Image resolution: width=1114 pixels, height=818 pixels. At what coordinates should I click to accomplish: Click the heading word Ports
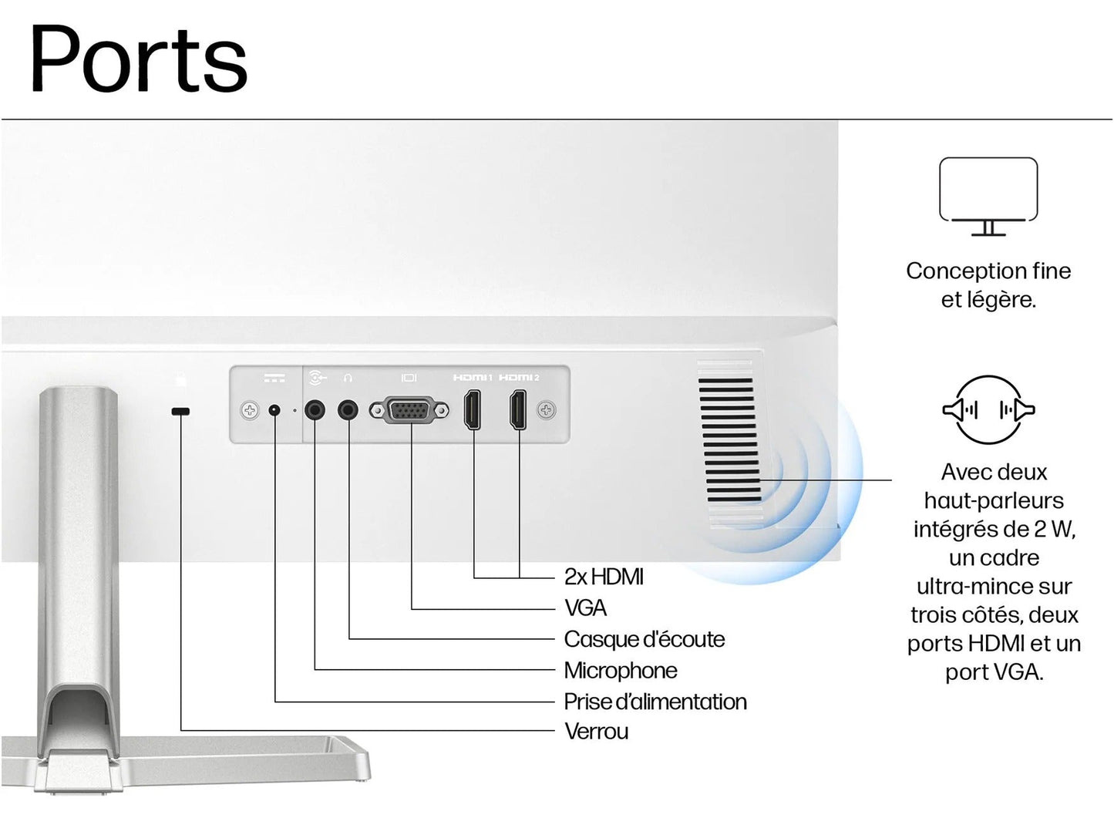pyautogui.click(x=138, y=60)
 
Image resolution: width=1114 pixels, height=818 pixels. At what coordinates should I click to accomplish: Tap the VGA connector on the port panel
pyautogui.click(x=409, y=410)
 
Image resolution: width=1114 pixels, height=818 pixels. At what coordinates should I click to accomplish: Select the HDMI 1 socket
pyautogui.click(x=473, y=409)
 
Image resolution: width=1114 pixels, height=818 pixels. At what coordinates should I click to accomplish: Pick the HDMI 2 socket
pyautogui.click(x=519, y=409)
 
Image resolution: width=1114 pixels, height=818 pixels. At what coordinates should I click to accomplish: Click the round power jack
pyautogui.click(x=274, y=410)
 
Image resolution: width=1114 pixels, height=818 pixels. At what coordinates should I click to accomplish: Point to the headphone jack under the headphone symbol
pyautogui.click(x=348, y=409)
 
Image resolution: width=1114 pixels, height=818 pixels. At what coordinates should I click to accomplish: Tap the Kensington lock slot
pyautogui.click(x=180, y=412)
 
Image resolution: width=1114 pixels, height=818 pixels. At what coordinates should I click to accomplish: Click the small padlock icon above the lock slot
pyautogui.click(x=181, y=379)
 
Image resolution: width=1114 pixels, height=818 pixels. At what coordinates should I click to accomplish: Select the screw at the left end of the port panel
pyautogui.click(x=250, y=410)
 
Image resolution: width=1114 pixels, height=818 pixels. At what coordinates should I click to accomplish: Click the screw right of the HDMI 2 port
pyautogui.click(x=547, y=410)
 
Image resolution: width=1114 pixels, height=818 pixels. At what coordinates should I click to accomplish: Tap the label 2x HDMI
pyautogui.click(x=604, y=577)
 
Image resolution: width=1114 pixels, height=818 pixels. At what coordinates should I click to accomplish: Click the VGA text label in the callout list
pyautogui.click(x=585, y=608)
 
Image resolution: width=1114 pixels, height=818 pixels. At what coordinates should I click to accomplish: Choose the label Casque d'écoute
pyautogui.click(x=644, y=639)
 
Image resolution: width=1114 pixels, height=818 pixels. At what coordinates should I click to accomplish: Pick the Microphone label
pyautogui.click(x=621, y=671)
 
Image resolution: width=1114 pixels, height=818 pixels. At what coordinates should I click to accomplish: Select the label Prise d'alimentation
pyautogui.click(x=655, y=702)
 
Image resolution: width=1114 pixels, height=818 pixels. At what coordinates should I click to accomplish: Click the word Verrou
pyautogui.click(x=596, y=731)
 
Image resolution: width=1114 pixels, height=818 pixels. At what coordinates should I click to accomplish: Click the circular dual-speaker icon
pyautogui.click(x=988, y=409)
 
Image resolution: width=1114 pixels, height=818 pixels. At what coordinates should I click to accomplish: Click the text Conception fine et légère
pyautogui.click(x=988, y=285)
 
